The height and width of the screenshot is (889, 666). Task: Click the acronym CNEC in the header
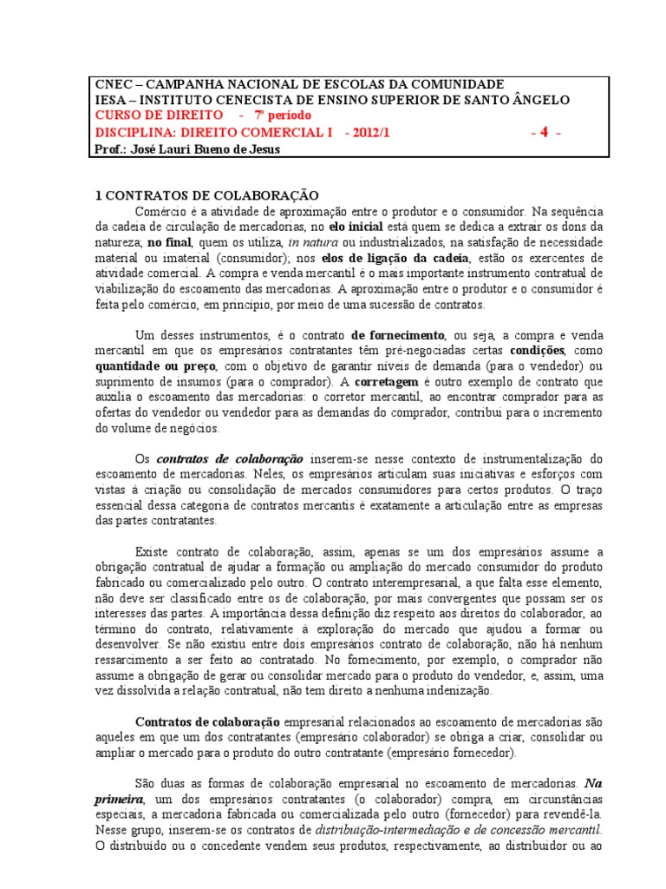111,84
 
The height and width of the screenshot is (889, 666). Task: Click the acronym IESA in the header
109,100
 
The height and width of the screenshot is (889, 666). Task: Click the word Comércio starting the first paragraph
161,211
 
